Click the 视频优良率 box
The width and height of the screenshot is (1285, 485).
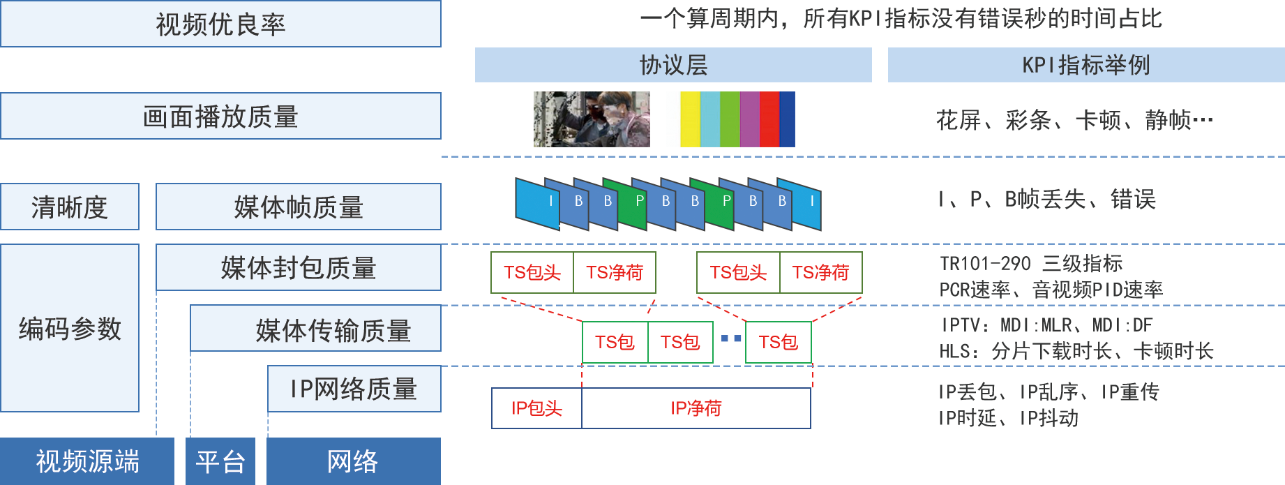click(220, 24)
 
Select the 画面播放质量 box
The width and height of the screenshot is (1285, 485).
click(220, 116)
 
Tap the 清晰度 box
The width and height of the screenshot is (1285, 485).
click(69, 207)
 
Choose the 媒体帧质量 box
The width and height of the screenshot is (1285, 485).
click(299, 207)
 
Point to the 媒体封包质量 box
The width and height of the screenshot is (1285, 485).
click(299, 267)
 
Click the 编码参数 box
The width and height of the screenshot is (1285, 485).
click(69, 328)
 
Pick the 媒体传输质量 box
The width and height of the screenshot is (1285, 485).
click(315, 329)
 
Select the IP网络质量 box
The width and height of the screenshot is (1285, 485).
click(354, 389)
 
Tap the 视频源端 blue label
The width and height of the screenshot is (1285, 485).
click(87, 461)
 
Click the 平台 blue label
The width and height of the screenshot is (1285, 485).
click(220, 461)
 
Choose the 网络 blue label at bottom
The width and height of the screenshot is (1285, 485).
click(353, 461)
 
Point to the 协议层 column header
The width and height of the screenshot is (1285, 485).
click(673, 65)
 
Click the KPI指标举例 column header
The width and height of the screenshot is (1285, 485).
click(1085, 65)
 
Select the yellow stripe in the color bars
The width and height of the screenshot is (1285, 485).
click(690, 119)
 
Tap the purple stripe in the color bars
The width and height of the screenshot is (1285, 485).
click(750, 119)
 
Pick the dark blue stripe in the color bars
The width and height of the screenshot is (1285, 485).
click(787, 119)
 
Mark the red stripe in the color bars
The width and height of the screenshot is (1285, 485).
click(769, 119)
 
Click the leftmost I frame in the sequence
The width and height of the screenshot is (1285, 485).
click(537, 202)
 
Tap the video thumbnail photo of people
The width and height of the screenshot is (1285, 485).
click(592, 119)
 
